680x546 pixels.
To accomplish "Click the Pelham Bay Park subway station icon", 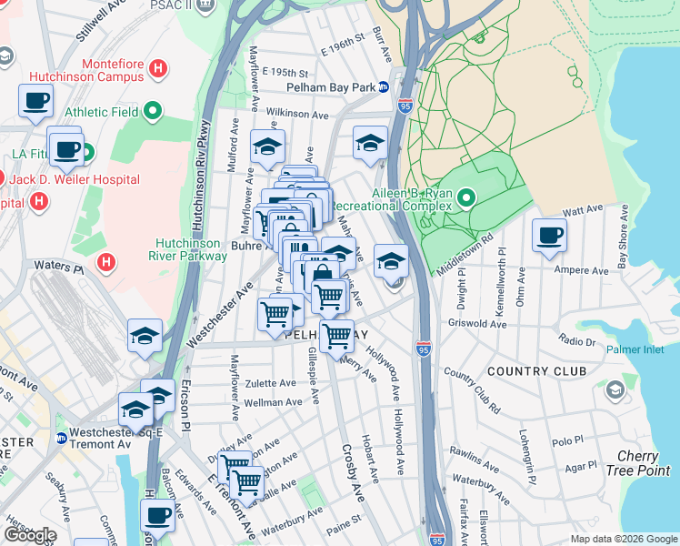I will pyautogui.click(x=384, y=87).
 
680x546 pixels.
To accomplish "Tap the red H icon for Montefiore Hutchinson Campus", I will pyautogui.click(x=159, y=68).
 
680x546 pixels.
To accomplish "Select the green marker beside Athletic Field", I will pyautogui.click(x=153, y=112).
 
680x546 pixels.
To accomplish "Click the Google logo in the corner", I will pyautogui.click(x=29, y=535).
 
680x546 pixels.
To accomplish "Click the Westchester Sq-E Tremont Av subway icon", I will pyautogui.click(x=62, y=438).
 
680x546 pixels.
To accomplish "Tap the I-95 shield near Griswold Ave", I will pyautogui.click(x=423, y=349).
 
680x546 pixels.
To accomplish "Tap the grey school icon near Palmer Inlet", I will pyautogui.click(x=615, y=390).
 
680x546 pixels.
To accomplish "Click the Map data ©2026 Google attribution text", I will pyautogui.click(x=623, y=539).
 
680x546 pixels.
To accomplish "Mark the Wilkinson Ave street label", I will pyautogui.click(x=297, y=116).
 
